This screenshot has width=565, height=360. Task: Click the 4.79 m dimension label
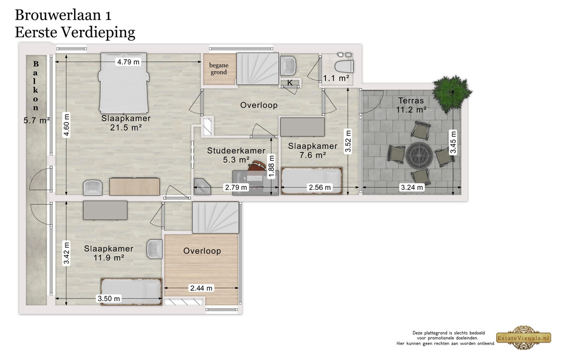(128, 62)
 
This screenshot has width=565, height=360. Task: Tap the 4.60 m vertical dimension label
(66, 125)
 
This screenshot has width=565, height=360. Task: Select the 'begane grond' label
(218, 69)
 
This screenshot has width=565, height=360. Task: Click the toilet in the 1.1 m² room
(344, 67)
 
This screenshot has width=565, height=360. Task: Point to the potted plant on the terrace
(452, 90)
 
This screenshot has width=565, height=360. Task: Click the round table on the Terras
(419, 155)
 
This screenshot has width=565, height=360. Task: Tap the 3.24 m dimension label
(412, 187)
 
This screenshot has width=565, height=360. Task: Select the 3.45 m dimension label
(453, 142)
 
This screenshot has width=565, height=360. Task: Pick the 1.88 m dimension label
(271, 167)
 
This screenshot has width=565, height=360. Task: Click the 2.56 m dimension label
(320, 187)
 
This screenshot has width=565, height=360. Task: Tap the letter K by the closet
(290, 82)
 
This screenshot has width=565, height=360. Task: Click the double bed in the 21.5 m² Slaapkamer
(123, 83)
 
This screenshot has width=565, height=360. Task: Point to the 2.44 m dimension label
(201, 288)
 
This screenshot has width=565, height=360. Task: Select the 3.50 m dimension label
(109, 298)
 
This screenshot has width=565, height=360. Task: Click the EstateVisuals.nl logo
(524, 338)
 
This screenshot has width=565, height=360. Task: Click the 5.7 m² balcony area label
(37, 120)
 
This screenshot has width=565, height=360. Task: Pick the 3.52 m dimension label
(348, 141)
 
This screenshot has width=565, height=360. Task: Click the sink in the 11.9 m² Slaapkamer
(154, 249)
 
